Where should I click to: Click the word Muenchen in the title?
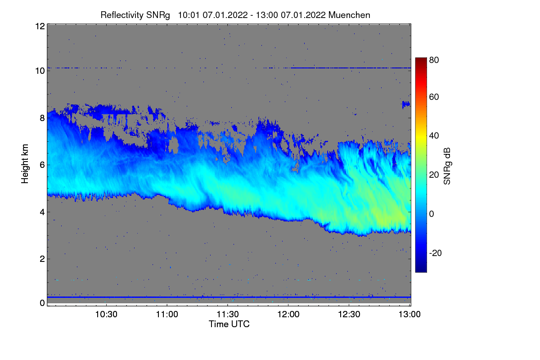pos(349,15)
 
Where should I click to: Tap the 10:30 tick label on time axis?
pos(106,315)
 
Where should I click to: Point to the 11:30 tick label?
pos(228,315)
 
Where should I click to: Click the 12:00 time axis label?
pos(288,315)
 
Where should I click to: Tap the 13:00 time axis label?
pos(409,315)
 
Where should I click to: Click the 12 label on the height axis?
pos(40,26)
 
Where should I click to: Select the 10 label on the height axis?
pos(40,71)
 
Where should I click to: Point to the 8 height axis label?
pos(42,118)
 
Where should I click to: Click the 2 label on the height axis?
pos(42,259)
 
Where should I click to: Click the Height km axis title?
pos(25,164)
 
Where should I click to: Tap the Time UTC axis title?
pos(229,324)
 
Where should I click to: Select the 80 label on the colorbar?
pos(434,59)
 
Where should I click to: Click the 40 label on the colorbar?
pos(434,135)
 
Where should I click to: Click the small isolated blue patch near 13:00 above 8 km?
pos(406,104)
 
